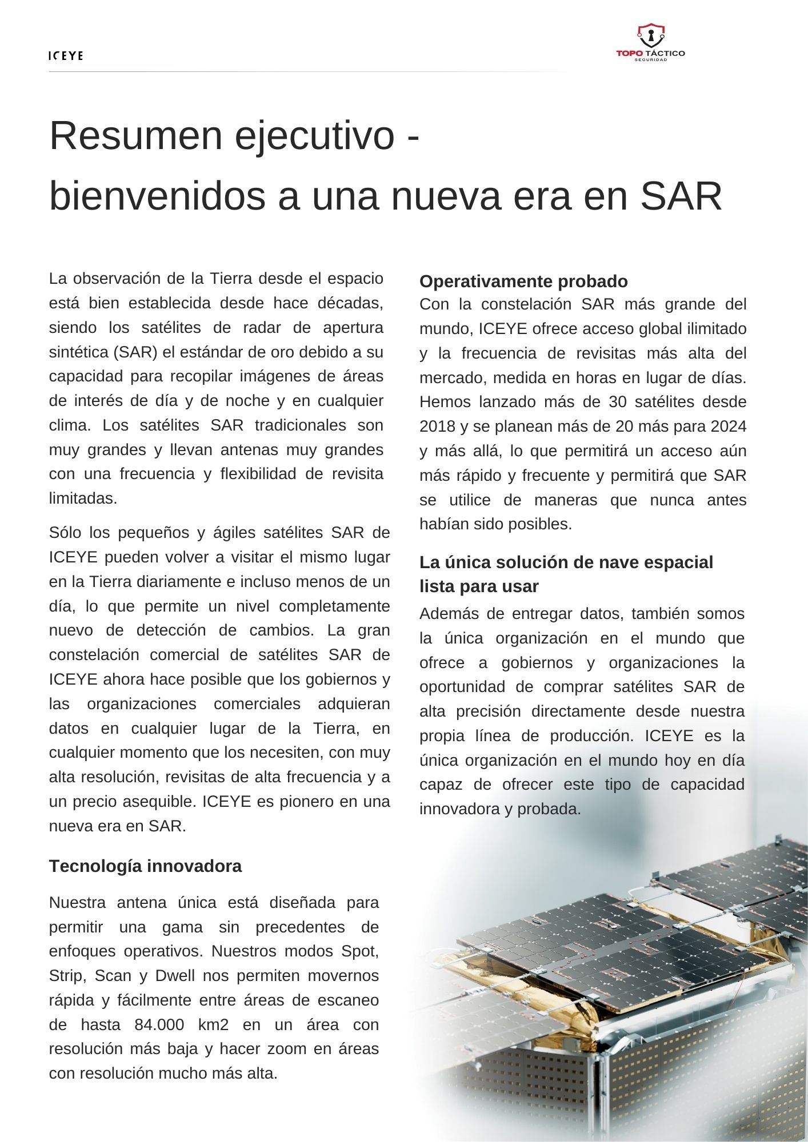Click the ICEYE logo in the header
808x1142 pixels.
66,55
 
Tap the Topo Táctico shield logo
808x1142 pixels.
650,37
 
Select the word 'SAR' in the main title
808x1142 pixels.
681,196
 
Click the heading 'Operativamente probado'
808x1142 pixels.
523,282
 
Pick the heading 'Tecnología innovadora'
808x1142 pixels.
145,866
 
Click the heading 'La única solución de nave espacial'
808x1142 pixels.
566,562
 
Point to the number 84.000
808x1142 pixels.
159,1025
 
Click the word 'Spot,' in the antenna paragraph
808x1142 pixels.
360,951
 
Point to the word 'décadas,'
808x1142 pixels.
354,303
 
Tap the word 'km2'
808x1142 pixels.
213,1025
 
